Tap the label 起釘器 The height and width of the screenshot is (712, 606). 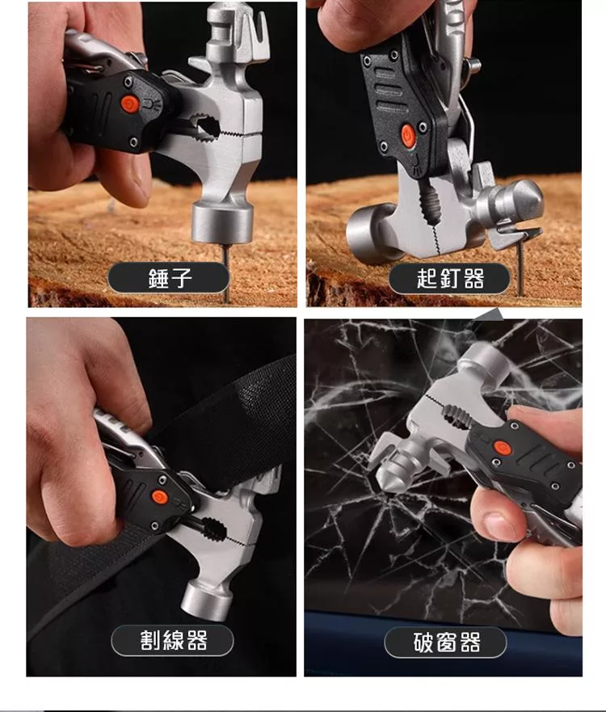[450, 278]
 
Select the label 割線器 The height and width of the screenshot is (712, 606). [174, 640]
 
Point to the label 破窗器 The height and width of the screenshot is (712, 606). [447, 642]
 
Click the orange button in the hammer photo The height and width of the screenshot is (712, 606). [130, 105]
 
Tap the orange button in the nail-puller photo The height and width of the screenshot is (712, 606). [407, 136]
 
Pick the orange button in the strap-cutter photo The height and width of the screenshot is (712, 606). [159, 497]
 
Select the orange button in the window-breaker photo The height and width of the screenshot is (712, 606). [502, 449]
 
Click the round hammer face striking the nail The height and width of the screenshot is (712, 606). [222, 224]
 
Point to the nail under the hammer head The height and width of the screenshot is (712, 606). [225, 272]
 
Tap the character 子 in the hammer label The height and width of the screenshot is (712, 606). [182, 278]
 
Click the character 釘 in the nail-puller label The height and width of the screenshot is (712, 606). [450, 278]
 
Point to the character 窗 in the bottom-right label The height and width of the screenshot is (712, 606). [447, 642]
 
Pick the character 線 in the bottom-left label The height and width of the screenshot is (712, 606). [174, 640]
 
